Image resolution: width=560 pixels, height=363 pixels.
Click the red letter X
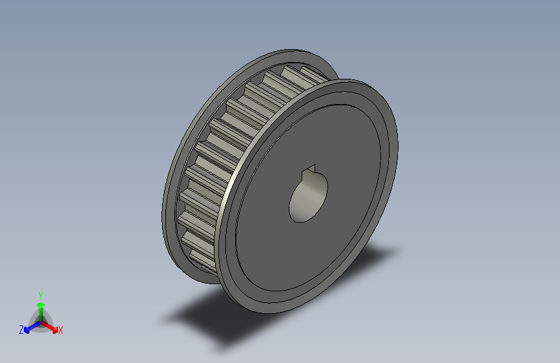pyautogui.click(x=61, y=331)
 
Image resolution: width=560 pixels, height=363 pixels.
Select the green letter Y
pyautogui.click(x=40, y=294)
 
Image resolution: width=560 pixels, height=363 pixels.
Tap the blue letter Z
pyautogui.click(x=21, y=330)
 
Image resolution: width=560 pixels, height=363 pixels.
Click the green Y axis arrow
pyautogui.click(x=41, y=309)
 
